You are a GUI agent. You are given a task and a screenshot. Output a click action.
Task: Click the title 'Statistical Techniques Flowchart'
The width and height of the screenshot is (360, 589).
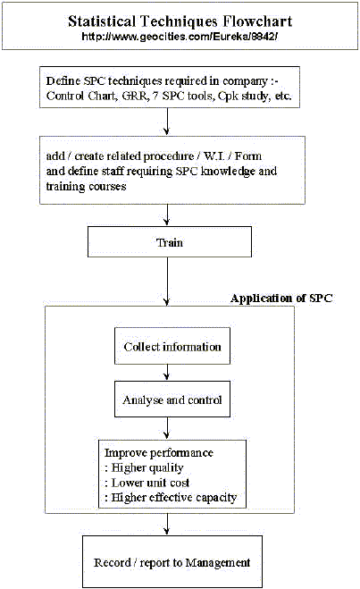[x=180, y=21]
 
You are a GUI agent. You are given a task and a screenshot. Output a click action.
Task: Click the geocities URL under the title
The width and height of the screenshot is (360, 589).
[x=180, y=37]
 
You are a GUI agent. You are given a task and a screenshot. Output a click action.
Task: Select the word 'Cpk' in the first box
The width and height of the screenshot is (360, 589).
[x=228, y=97]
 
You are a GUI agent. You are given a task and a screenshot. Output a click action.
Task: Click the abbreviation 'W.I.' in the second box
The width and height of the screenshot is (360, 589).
[x=213, y=156]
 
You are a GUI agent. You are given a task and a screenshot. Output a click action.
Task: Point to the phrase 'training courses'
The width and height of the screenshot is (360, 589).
[x=86, y=186]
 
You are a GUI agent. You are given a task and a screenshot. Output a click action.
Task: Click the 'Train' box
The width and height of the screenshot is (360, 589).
[x=170, y=242]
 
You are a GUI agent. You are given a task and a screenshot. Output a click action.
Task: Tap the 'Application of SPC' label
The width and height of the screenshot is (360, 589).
[x=281, y=299]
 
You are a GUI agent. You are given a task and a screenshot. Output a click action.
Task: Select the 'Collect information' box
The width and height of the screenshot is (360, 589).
[x=172, y=346]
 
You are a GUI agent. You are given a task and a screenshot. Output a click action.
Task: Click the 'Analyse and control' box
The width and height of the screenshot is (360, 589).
[x=172, y=400]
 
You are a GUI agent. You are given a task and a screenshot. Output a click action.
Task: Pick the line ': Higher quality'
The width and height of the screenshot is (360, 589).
[x=144, y=468]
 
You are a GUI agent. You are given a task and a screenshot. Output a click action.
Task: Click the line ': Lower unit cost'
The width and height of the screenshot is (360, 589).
[x=147, y=483]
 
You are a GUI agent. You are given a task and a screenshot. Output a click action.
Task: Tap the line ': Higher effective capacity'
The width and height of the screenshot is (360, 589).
[x=171, y=498]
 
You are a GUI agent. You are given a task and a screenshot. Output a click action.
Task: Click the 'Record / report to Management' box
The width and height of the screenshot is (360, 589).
[x=172, y=562]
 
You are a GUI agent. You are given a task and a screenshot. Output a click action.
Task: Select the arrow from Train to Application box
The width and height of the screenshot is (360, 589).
[x=167, y=282]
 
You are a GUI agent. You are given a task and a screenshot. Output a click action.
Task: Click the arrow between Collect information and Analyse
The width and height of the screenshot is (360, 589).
[x=167, y=373]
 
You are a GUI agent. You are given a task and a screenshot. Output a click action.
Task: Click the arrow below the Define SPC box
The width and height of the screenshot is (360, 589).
[x=167, y=122]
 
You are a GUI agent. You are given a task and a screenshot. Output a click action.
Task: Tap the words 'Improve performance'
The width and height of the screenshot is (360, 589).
[x=159, y=453]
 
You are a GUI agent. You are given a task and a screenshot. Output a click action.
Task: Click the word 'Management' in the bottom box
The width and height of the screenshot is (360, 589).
[x=218, y=563]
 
